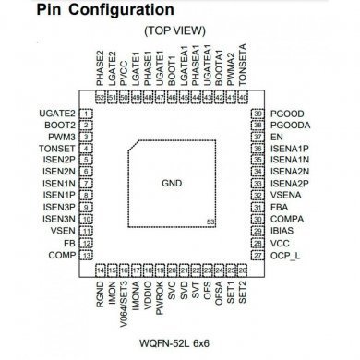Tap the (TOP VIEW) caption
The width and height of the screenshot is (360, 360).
tap(179, 31)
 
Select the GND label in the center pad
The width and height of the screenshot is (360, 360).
tap(174, 183)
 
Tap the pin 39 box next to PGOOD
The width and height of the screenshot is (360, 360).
tap(258, 113)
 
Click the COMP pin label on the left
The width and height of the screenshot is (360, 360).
tap(62, 255)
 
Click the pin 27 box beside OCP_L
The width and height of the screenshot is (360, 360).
tap(258, 255)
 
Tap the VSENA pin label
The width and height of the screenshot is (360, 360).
tap(286, 196)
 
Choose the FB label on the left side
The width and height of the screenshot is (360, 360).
tap(68, 243)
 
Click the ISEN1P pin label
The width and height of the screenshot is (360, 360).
tap(57, 196)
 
